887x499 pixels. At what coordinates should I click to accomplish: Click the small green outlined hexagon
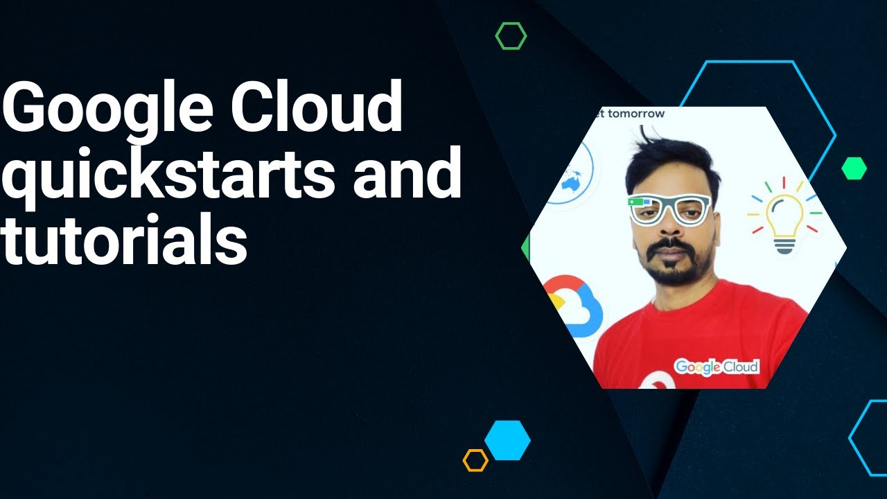pos(511,36)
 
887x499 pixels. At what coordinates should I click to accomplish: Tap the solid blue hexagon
pos(507,440)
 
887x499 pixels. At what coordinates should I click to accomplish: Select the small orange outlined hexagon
pos(475,460)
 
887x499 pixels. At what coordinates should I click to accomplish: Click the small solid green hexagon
pos(854,168)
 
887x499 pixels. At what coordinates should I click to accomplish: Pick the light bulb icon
pos(784,215)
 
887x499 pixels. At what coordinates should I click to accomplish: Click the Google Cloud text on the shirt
pos(717,367)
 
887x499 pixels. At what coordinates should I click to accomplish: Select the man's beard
pos(669,267)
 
